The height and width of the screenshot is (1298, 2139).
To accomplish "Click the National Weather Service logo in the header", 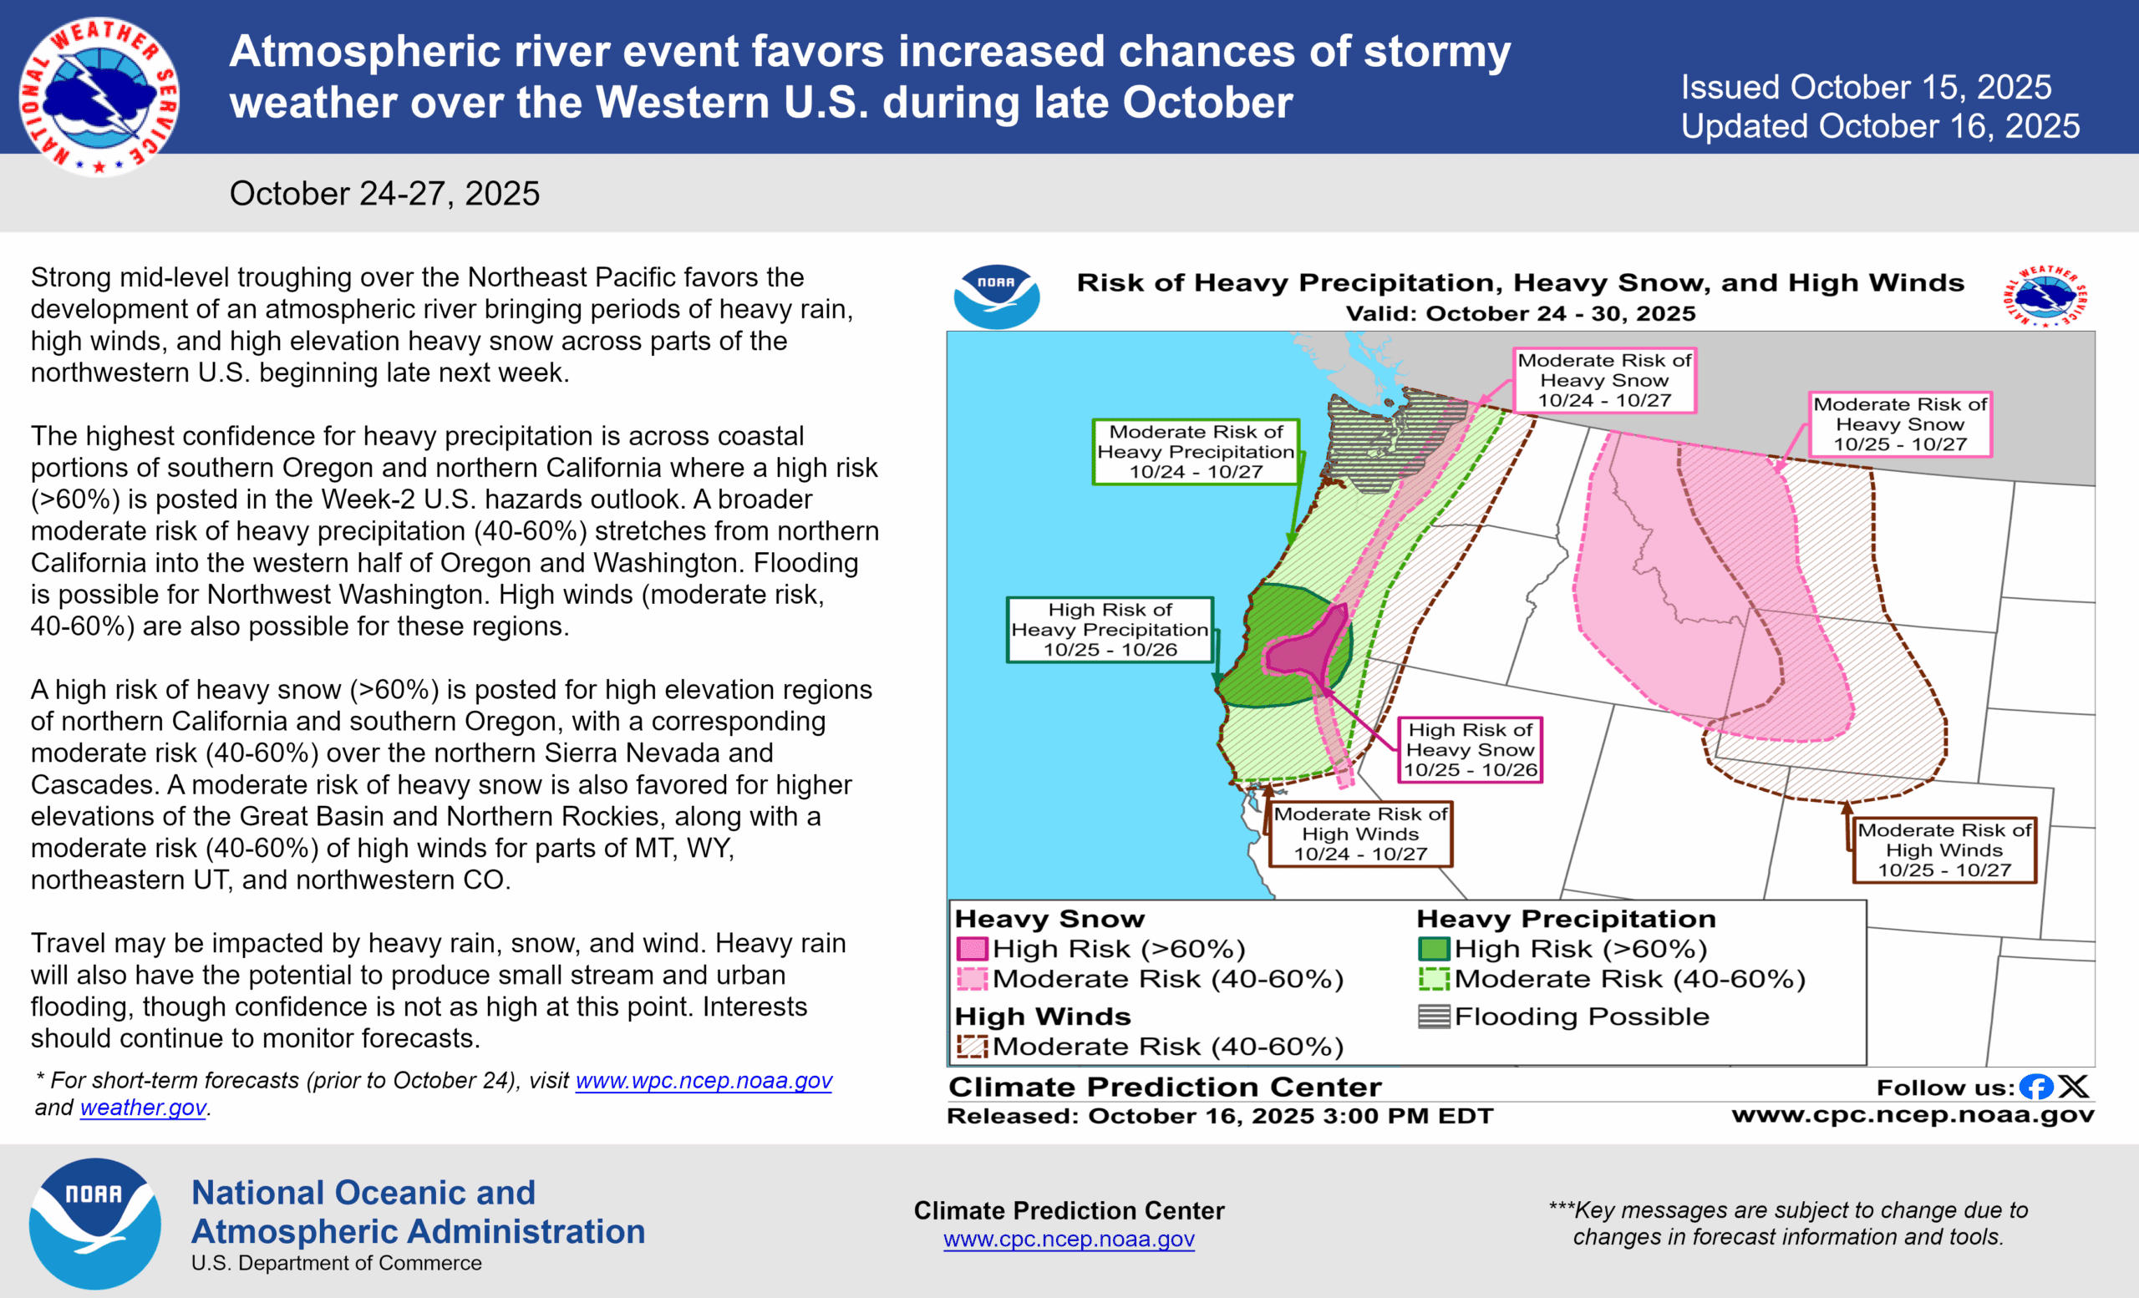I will (x=98, y=95).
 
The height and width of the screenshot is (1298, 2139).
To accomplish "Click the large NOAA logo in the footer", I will (x=94, y=1224).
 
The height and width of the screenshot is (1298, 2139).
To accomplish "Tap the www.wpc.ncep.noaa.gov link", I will (x=704, y=1080).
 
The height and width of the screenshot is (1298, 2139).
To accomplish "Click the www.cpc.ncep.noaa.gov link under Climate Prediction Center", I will (x=1069, y=1239).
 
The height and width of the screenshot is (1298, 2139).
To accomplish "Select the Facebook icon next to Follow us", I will (x=2035, y=1087).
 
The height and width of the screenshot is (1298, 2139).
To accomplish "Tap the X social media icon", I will (x=2074, y=1087).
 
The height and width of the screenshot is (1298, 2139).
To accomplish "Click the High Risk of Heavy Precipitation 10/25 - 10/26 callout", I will (x=1110, y=630).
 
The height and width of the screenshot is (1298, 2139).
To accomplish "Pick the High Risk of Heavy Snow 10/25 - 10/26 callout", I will (x=1470, y=749).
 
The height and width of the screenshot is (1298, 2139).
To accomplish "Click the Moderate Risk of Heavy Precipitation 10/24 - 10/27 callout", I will (x=1195, y=452).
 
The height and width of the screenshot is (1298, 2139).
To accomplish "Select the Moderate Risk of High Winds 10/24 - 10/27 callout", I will (x=1359, y=834).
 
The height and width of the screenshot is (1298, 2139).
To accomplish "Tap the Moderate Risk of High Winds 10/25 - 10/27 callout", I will (x=1943, y=850).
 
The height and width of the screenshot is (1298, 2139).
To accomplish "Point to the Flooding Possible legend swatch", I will (x=1433, y=1016).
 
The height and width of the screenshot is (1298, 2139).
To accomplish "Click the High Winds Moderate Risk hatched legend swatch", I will (x=972, y=1047).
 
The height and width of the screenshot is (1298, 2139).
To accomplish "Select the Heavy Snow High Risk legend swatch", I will (x=972, y=948).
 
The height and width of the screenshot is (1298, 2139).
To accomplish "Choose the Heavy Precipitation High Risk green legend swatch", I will (x=1433, y=948).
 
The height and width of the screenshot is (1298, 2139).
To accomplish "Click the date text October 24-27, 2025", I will (x=384, y=194).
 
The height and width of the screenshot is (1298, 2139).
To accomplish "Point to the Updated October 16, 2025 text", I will (x=1879, y=127).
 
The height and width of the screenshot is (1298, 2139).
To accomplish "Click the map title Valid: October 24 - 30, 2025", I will (x=1520, y=313).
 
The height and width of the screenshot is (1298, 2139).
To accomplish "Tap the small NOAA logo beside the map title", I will (x=996, y=297).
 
